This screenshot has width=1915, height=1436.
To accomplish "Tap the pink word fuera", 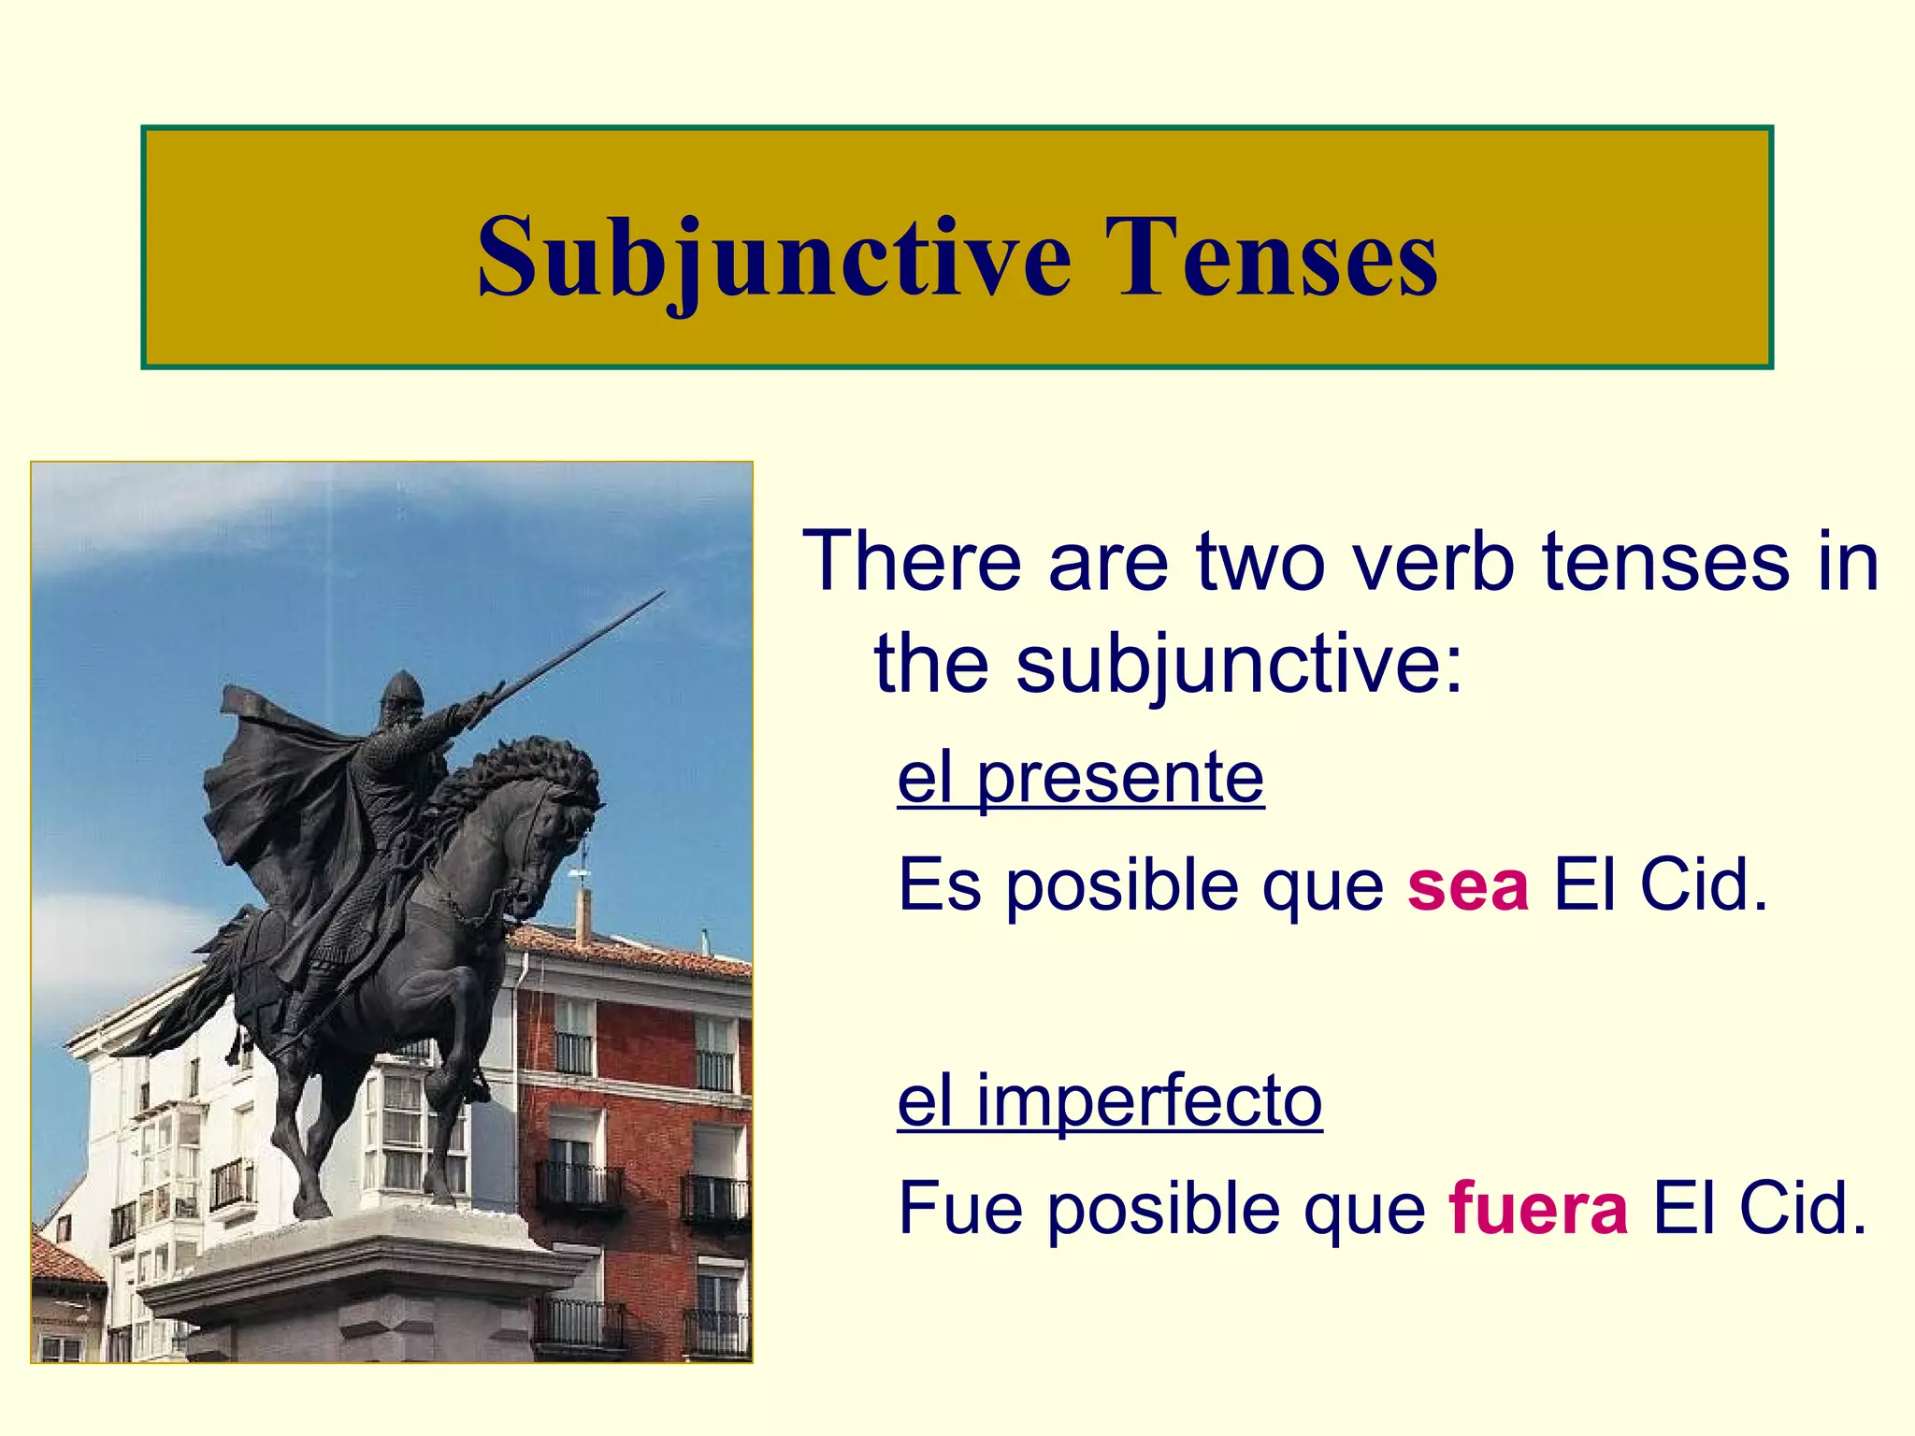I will pyautogui.click(x=1538, y=1208).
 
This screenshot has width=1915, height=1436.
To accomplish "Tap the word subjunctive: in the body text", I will pyautogui.click(x=1239, y=664).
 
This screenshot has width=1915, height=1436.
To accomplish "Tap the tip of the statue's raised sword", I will pyautogui.click(x=662, y=593).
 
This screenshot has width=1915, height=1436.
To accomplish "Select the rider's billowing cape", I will pyautogui.click(x=271, y=795).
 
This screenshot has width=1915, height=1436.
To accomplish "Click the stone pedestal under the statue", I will pyautogui.click(x=365, y=1281).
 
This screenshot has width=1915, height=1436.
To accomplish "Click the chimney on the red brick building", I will pyautogui.click(x=583, y=916).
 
